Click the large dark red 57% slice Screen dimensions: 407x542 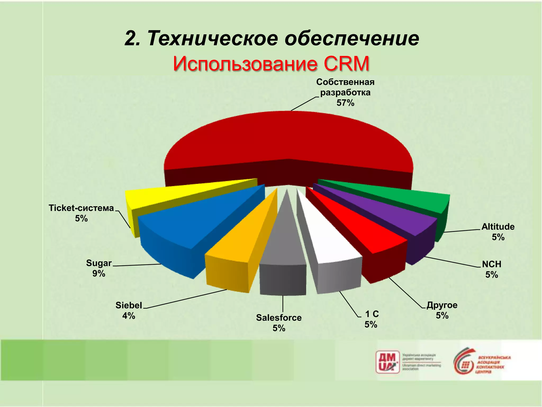(288, 138)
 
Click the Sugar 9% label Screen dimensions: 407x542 (99, 268)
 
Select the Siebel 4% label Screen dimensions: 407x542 (129, 310)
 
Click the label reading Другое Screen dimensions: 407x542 (442, 305)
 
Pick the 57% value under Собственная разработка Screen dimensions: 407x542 (345, 103)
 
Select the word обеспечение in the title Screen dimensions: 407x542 (352, 38)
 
